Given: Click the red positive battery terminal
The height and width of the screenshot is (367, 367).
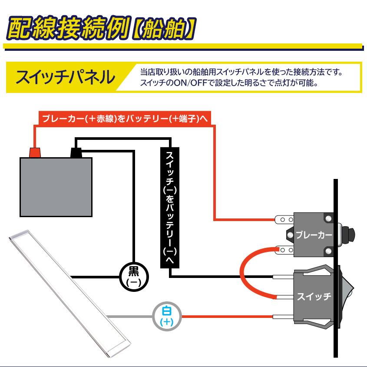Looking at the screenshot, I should point(34,152).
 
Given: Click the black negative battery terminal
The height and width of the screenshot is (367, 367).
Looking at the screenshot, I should point(76,153).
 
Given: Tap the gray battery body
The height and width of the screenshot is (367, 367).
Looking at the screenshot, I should point(56,187).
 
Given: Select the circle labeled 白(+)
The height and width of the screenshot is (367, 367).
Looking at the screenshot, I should point(166,317).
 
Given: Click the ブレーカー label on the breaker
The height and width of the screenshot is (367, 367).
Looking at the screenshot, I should point(314,235).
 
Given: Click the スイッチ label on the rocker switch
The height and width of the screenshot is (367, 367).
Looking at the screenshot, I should point(314,297).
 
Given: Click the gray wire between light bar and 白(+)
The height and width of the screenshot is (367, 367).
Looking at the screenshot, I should point(130,316).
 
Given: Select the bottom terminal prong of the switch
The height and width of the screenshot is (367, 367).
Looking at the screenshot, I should point(283,317).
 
